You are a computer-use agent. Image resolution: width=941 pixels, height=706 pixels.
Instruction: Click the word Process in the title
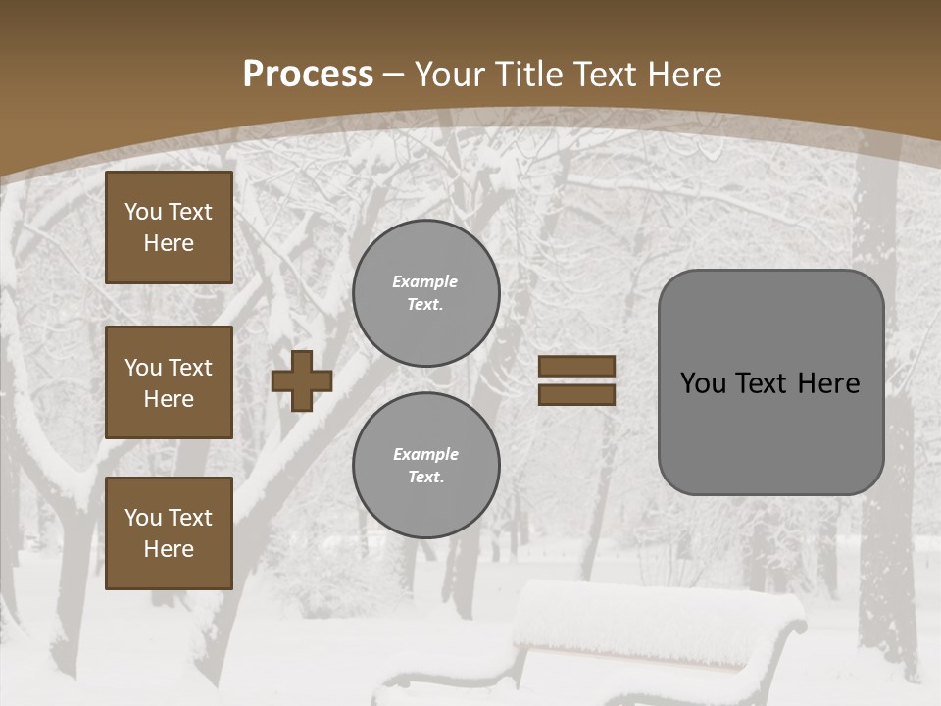pos(308,75)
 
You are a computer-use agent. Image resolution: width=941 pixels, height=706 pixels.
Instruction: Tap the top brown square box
pos(169,227)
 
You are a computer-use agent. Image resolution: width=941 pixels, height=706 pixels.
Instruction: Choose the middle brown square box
pos(169,382)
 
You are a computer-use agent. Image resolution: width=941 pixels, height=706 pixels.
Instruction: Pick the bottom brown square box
pos(169,533)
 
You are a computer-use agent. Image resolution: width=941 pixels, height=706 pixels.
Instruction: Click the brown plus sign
pos(302,380)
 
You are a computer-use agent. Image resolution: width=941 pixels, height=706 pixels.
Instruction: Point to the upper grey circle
pos(425,293)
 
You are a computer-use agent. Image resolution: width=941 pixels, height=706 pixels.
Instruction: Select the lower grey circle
pos(425,466)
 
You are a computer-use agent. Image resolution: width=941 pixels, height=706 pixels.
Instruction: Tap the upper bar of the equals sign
pos(577,366)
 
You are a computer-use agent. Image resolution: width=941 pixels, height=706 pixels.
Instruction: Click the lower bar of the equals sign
pos(577,394)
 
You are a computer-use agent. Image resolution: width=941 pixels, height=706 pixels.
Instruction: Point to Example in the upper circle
pos(425,281)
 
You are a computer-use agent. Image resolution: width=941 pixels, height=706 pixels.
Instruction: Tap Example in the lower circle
pos(425,454)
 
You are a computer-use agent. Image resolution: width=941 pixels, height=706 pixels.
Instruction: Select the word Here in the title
pos(684,75)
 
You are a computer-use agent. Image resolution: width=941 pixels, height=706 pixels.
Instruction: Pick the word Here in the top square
pos(169,243)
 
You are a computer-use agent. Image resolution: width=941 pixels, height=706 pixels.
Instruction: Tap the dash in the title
pos(394,75)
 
